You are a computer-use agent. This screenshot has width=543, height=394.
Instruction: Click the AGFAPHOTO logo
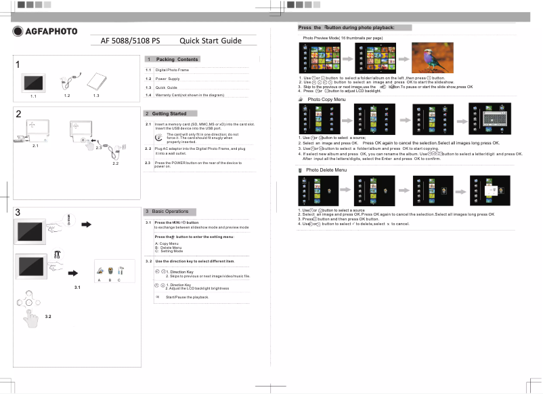[x=45, y=31]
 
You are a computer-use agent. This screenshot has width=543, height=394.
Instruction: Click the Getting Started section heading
[x=169, y=113]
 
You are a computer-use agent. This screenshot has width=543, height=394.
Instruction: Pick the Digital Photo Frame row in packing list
[x=171, y=70]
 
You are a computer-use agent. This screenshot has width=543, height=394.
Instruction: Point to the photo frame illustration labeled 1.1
[x=33, y=83]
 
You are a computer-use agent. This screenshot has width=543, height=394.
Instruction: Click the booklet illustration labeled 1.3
[x=97, y=81]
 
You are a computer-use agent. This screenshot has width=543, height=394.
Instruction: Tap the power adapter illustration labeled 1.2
[x=69, y=81]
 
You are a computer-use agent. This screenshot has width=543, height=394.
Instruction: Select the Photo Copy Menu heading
[x=326, y=100]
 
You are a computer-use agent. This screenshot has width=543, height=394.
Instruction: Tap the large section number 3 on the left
[x=18, y=212]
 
